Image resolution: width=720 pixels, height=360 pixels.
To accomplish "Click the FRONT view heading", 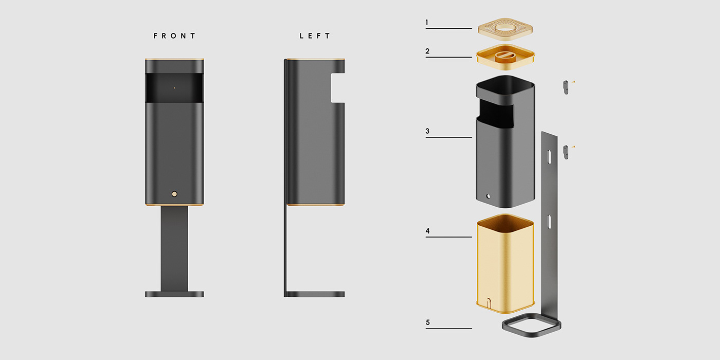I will click(174, 36).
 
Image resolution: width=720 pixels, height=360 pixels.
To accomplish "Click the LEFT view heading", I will click(315, 36).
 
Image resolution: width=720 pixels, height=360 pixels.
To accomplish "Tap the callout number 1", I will click(427, 23).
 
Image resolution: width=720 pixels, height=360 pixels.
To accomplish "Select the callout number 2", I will click(427, 51).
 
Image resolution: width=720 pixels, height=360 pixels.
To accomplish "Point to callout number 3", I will click(427, 131).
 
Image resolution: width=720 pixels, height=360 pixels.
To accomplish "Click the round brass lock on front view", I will click(174, 194).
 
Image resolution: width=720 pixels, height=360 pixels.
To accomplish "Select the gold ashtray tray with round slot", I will click(505, 56).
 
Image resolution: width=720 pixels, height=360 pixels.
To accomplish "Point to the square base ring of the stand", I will click(531, 325).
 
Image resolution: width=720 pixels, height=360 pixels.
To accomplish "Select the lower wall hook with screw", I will click(566, 151).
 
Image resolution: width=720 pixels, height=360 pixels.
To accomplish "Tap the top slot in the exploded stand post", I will click(549, 156).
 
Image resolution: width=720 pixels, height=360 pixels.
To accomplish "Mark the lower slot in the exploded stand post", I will click(549, 222).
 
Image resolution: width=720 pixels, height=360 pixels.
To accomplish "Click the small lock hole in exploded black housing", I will click(489, 196).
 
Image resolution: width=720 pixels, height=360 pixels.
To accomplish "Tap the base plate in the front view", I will click(174, 294).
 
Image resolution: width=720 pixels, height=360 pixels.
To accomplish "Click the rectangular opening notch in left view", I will click(337, 87).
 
